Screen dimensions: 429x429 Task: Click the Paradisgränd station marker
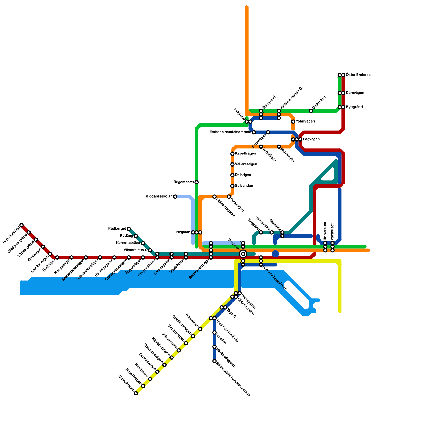[x=21, y=225]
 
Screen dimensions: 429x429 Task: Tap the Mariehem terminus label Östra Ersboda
[x=358, y=75]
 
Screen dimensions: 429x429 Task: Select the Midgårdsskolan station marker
[x=175, y=197]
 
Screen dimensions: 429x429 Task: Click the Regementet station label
[x=184, y=182]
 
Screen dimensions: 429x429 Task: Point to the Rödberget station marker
[x=129, y=229]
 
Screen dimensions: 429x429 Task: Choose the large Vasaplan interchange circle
[x=243, y=254]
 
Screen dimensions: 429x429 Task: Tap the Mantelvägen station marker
[x=136, y=393]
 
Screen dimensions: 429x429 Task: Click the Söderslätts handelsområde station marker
[x=214, y=361]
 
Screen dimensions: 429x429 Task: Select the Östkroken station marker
[x=311, y=111]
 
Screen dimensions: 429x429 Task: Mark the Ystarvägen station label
[x=305, y=121]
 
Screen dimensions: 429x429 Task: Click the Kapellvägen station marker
[x=232, y=154]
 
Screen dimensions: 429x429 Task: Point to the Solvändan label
[x=244, y=186]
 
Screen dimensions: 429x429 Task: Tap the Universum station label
[x=325, y=231]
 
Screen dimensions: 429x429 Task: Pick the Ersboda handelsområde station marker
[x=254, y=132]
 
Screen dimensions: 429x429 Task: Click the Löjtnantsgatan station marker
[x=214, y=197]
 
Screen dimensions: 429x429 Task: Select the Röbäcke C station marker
[x=150, y=379]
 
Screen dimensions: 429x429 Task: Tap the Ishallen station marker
[x=214, y=332]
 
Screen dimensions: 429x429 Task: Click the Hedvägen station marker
[x=57, y=257]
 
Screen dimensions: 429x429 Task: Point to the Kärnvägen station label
[x=355, y=93]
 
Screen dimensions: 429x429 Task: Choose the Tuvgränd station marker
[x=261, y=232]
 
